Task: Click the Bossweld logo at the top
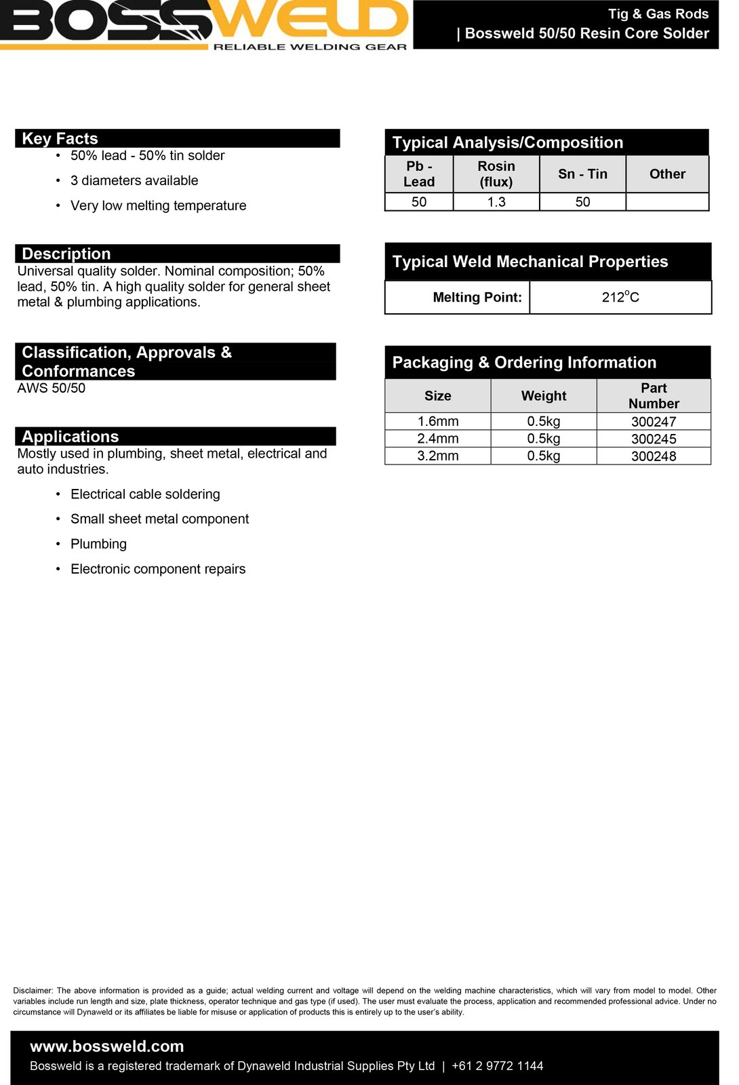click(x=203, y=24)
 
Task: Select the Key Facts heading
click(x=60, y=138)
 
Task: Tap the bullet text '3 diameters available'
click(x=134, y=180)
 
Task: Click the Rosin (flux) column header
click(x=496, y=174)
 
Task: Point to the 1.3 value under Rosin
click(x=496, y=202)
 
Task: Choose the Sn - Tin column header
click(x=582, y=174)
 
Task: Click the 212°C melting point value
click(x=620, y=297)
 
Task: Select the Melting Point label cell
click(x=477, y=297)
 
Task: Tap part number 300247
click(x=654, y=422)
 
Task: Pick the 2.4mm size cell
click(x=438, y=439)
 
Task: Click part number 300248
click(x=654, y=456)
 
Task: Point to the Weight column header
click(x=544, y=395)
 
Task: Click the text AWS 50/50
click(x=52, y=388)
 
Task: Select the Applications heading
click(x=71, y=436)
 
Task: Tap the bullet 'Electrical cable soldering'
click(x=145, y=494)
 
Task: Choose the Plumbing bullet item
click(x=98, y=544)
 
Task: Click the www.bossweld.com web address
click(x=107, y=1046)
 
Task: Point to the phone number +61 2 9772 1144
click(x=497, y=1066)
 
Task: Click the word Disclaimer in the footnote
click(x=33, y=991)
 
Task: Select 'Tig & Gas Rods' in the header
click(x=658, y=14)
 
